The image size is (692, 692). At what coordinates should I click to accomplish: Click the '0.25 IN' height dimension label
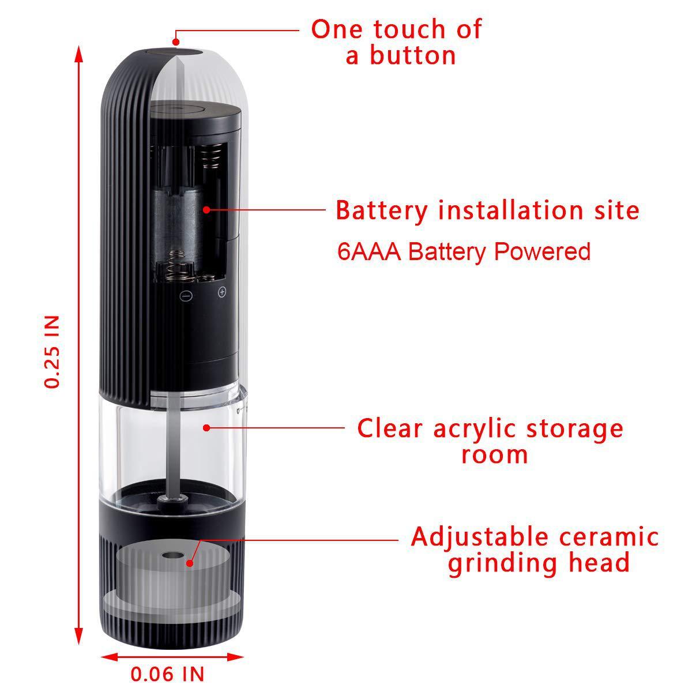tap(52, 352)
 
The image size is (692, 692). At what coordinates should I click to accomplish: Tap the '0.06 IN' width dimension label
tap(167, 674)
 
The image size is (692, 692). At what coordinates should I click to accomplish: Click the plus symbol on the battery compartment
tap(222, 292)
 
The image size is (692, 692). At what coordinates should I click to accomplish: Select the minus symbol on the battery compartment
tap(186, 296)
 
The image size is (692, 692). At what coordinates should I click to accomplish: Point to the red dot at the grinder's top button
tap(176, 41)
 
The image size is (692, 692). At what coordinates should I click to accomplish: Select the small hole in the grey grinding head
tap(170, 558)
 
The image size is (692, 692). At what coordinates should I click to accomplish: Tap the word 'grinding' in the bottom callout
tap(499, 563)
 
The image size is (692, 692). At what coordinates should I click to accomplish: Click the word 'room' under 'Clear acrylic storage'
tap(495, 454)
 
